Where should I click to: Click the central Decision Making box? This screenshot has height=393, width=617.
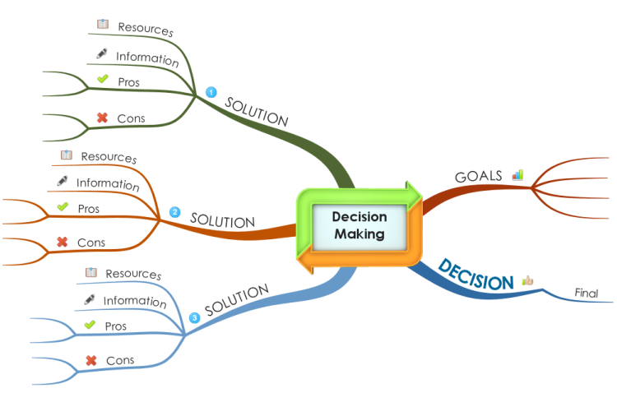[x=360, y=226]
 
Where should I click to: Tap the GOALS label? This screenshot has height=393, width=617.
[x=479, y=176]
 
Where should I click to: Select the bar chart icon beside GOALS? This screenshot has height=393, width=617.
[x=517, y=174]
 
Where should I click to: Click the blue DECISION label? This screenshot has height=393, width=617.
[x=476, y=275]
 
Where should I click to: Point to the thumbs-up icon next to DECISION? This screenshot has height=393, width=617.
[x=527, y=280]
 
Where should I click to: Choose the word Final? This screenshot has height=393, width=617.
[x=587, y=293]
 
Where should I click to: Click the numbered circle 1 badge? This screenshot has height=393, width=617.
[x=211, y=92]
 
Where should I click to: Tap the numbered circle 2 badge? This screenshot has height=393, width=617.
[x=174, y=212]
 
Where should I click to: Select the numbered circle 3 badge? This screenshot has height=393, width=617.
[x=194, y=318]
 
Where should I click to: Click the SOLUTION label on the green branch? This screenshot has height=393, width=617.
[x=257, y=112]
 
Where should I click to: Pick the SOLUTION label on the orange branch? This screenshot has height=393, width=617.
[x=223, y=220]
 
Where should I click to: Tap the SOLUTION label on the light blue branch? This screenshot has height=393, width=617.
[x=237, y=300]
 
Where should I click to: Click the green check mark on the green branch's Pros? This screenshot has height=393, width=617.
[x=103, y=79]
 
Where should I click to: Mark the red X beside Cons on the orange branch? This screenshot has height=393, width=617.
[x=63, y=242]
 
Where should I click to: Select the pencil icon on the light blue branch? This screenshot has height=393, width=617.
[x=90, y=299]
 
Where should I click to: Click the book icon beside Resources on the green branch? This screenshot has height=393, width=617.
[x=103, y=24]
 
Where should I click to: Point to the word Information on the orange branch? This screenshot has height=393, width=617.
[x=108, y=183]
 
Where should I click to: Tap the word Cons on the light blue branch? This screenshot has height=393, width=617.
[x=120, y=360]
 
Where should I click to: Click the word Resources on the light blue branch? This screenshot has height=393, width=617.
[x=133, y=274]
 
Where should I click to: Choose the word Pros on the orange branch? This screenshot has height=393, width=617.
[x=89, y=209]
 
